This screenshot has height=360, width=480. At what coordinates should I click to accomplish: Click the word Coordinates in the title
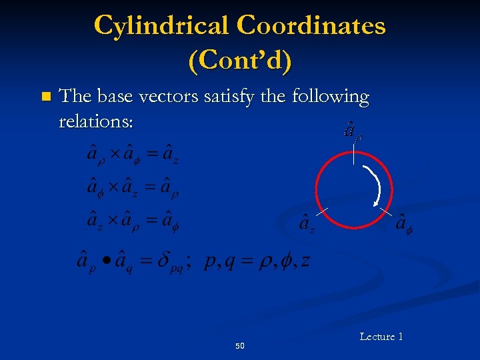coord(311,26)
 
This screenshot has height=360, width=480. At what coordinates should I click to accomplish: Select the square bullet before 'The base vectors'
coord(45,97)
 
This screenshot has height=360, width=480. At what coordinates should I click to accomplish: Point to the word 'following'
coord(331,97)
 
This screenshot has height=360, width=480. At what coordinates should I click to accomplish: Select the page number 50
coord(240,346)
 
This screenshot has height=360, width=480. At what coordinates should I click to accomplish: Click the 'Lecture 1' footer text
coord(381,337)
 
